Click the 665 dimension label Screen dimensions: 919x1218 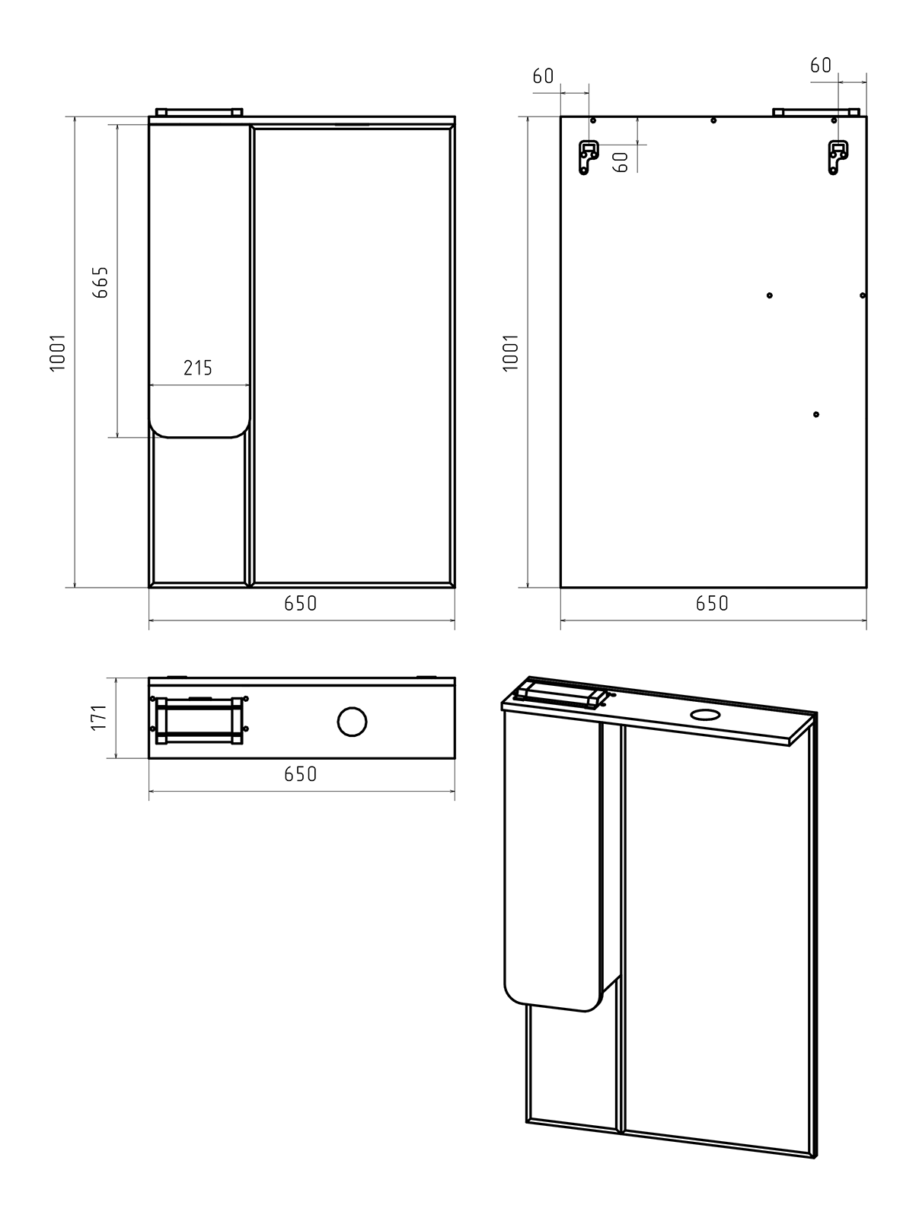tap(101, 282)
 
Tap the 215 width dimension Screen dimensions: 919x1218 tap(197, 368)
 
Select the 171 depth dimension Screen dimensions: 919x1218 tap(98, 717)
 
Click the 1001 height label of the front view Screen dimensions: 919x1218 tap(58, 352)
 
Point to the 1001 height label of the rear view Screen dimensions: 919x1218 tap(510, 352)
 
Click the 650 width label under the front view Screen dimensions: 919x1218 tap(300, 603)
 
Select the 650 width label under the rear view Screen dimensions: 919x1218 tap(712, 603)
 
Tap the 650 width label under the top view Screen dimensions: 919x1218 tap(300, 774)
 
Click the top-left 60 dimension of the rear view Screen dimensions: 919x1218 tap(543, 76)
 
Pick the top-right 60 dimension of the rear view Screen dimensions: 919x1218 tap(821, 65)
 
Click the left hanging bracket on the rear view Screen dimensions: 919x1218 tap(589, 157)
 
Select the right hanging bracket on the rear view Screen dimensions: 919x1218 tap(838, 157)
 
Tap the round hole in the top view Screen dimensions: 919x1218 tap(352, 722)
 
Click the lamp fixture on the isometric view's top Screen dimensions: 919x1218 tap(559, 696)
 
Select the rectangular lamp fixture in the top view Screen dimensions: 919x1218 tap(199, 720)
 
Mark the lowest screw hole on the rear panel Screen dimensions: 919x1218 tap(815, 415)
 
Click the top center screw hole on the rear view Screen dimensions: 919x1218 tap(713, 120)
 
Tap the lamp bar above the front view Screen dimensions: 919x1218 tap(199, 112)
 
